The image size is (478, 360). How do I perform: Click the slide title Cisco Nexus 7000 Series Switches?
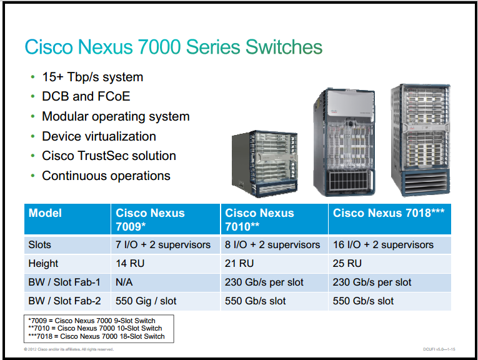(174, 47)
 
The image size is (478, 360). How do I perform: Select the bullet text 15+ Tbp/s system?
(92, 77)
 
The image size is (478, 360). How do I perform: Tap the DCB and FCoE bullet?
(86, 96)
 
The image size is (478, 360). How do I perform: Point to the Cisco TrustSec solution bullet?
(109, 156)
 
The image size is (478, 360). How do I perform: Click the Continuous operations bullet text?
(106, 176)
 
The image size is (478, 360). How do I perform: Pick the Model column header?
(45, 213)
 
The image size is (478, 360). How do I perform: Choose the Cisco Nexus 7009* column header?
(150, 219)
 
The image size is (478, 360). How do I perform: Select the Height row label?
(43, 263)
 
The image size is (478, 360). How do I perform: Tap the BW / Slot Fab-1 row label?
(64, 282)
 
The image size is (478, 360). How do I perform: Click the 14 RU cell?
(130, 263)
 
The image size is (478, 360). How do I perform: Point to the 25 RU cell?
(347, 263)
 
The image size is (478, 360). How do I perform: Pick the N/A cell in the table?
(124, 282)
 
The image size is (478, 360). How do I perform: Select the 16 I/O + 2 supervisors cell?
(383, 245)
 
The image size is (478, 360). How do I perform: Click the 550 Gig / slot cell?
(146, 301)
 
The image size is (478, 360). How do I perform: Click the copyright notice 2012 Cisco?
(69, 349)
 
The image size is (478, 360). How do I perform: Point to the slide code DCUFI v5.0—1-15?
(439, 349)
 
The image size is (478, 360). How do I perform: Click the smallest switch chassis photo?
(264, 164)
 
